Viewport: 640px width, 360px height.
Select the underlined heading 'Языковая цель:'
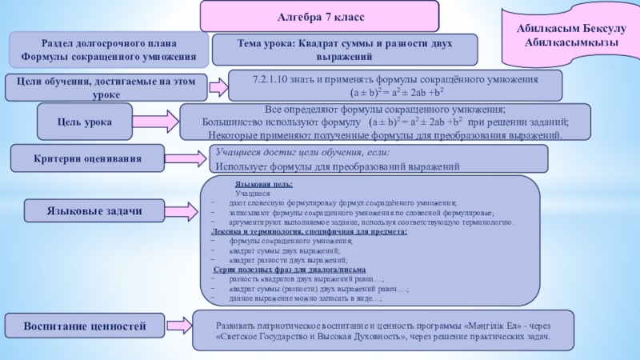click(257, 185)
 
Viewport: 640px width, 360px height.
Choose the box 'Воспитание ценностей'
click(85, 327)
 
